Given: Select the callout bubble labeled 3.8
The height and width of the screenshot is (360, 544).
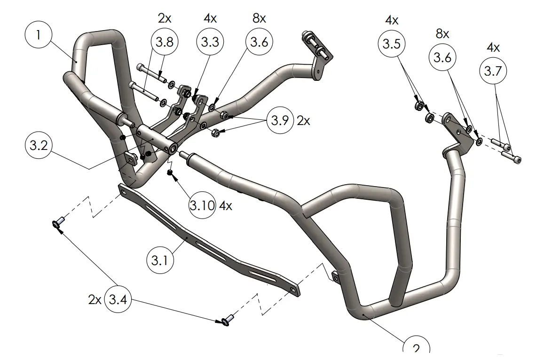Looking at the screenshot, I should pos(165,42).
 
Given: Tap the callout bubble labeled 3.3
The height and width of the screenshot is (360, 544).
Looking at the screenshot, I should pos(210,42).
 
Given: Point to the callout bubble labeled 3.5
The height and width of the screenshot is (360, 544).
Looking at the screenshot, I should pos(391,44).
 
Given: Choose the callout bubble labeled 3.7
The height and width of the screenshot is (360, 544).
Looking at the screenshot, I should pos(494,71).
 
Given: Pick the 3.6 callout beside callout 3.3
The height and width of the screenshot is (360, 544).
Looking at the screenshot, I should pos(259,42).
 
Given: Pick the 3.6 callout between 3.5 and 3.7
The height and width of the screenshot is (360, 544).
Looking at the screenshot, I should pos(442,58).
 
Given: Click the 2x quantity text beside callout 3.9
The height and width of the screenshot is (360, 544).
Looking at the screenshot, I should pos(303,120).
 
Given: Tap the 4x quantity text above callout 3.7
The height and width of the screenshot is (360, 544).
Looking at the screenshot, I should pos(493,47).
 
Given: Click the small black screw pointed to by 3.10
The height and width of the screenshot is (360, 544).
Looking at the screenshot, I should pos(170,174).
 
